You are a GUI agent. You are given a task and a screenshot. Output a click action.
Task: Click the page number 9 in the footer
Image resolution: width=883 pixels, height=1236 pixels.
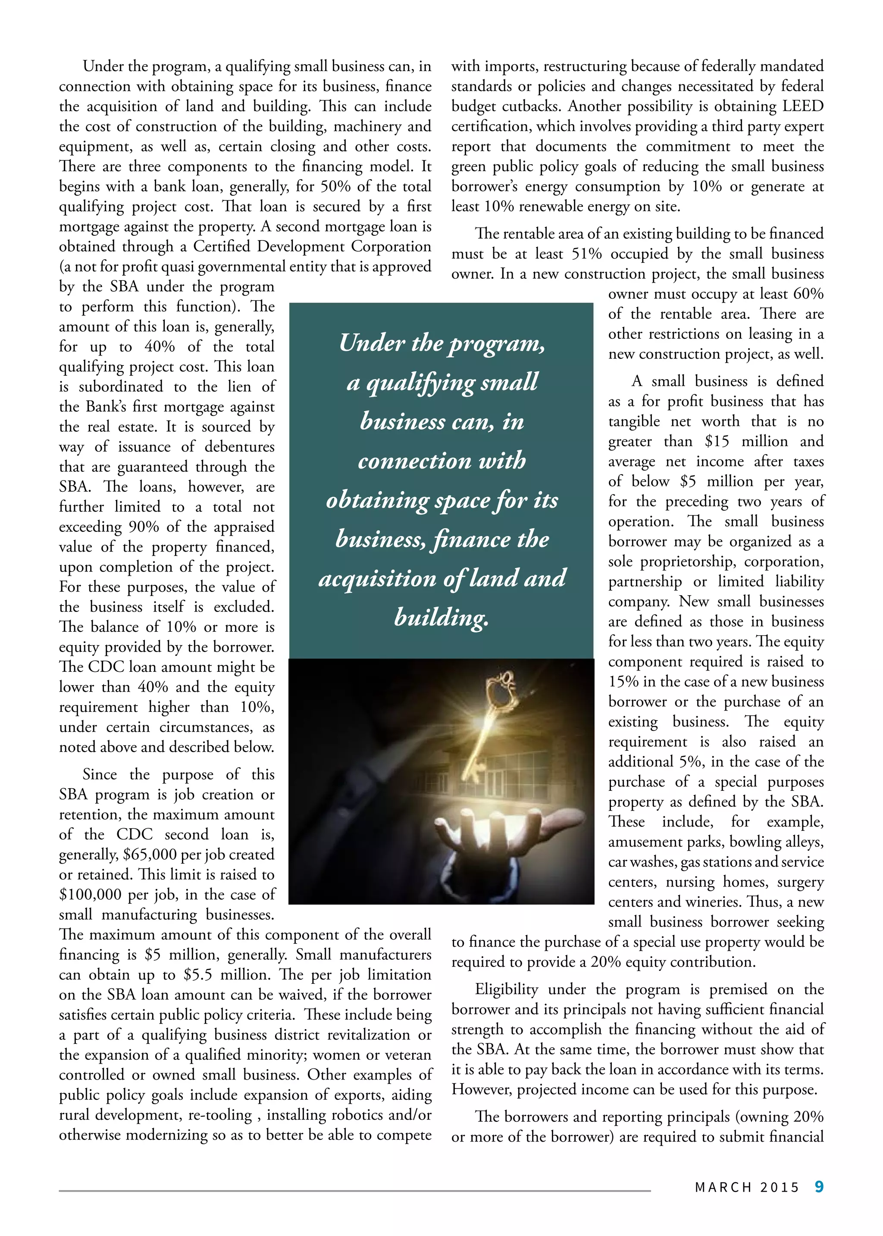click(819, 1186)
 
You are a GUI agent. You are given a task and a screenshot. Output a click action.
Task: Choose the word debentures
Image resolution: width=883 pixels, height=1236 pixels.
click(240, 447)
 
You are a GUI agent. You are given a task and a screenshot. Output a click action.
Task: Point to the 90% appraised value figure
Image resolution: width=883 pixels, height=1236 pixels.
click(140, 527)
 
